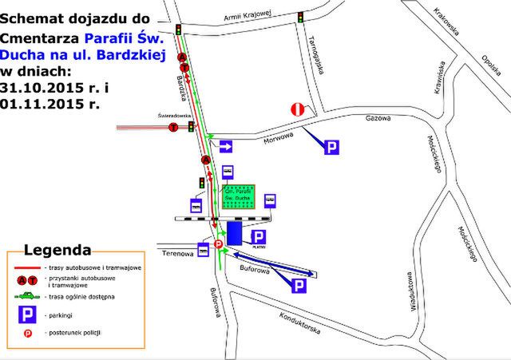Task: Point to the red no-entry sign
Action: point(297,110)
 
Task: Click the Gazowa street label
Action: point(376,120)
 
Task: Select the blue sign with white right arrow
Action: point(227,146)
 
